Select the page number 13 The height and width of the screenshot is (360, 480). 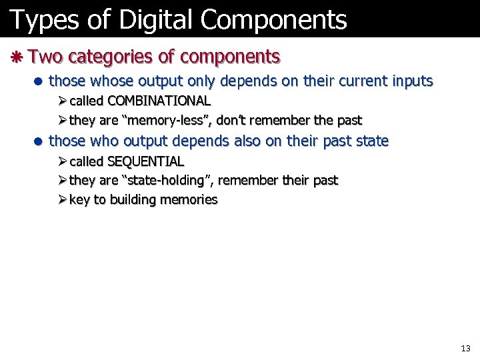click(465, 349)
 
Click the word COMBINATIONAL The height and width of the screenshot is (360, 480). click(159, 101)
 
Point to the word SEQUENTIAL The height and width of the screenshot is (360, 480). click(145, 161)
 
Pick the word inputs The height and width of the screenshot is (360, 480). click(410, 81)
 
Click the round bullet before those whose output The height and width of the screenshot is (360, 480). click(39, 82)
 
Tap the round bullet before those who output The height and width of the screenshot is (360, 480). click(39, 141)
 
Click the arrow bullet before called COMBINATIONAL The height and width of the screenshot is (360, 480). click(61, 101)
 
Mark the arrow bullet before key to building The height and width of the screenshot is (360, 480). click(61, 200)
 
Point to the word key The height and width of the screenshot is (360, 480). click(79, 200)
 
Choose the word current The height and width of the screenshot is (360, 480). click(355, 81)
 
